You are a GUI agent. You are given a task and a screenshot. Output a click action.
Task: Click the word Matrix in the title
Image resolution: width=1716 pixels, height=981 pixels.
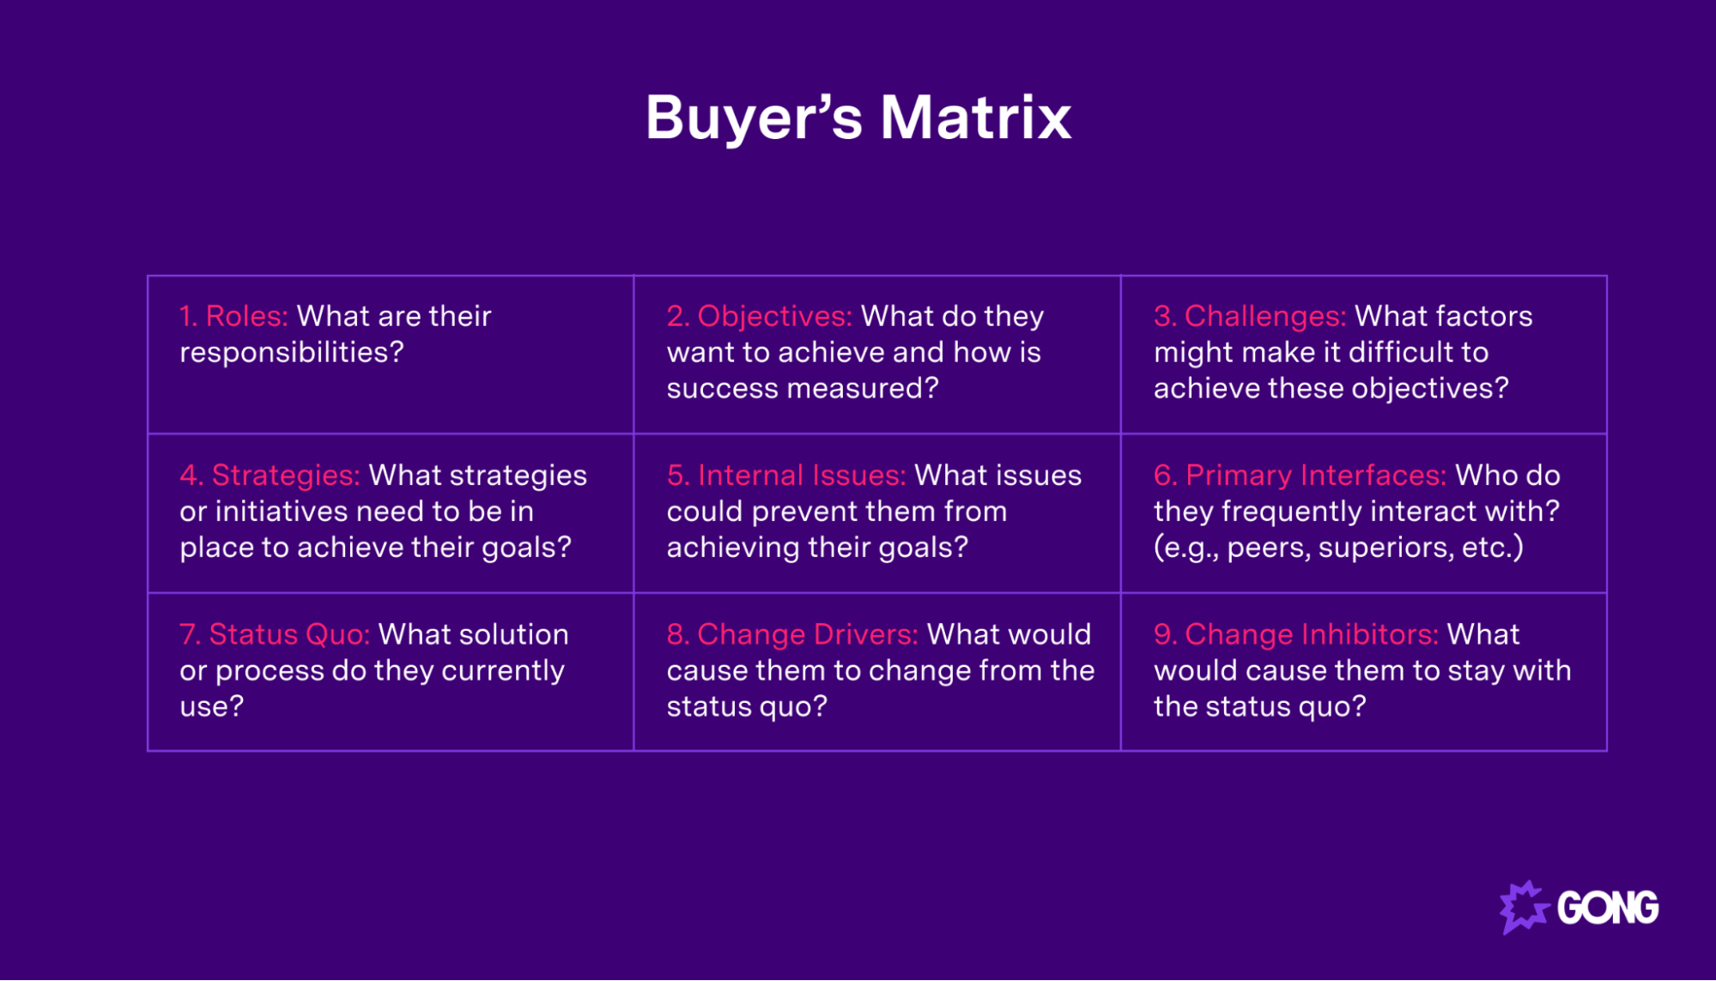click(x=975, y=118)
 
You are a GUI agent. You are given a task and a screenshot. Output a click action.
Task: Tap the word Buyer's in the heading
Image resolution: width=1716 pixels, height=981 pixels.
click(x=754, y=118)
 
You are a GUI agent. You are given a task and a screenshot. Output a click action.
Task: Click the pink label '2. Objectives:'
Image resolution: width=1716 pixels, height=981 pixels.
click(x=759, y=316)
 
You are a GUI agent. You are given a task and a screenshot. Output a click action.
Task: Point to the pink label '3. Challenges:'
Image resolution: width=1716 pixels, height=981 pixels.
click(x=1249, y=316)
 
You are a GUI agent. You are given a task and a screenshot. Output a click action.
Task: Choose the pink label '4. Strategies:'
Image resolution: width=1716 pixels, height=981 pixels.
click(x=270, y=475)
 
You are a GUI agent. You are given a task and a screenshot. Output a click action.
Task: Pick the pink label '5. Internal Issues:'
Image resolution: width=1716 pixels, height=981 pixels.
click(x=785, y=475)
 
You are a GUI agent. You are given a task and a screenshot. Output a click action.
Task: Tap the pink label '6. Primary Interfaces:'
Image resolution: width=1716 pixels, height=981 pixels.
click(x=1299, y=475)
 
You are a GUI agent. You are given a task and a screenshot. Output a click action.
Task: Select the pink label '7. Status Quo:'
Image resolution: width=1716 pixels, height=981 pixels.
click(x=274, y=634)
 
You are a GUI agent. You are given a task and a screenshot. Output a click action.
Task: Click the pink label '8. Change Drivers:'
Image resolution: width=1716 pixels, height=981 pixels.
click(x=791, y=634)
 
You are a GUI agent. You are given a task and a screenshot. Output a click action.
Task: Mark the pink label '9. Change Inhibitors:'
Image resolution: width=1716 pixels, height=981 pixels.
click(x=1295, y=634)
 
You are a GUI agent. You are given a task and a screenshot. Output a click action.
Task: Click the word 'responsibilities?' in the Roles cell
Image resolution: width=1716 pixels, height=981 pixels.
click(x=291, y=353)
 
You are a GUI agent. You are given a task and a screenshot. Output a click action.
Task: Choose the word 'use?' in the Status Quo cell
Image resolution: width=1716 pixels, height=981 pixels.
click(x=211, y=706)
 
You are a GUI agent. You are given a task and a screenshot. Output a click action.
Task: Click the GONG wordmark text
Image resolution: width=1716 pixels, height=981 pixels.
click(x=1607, y=908)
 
